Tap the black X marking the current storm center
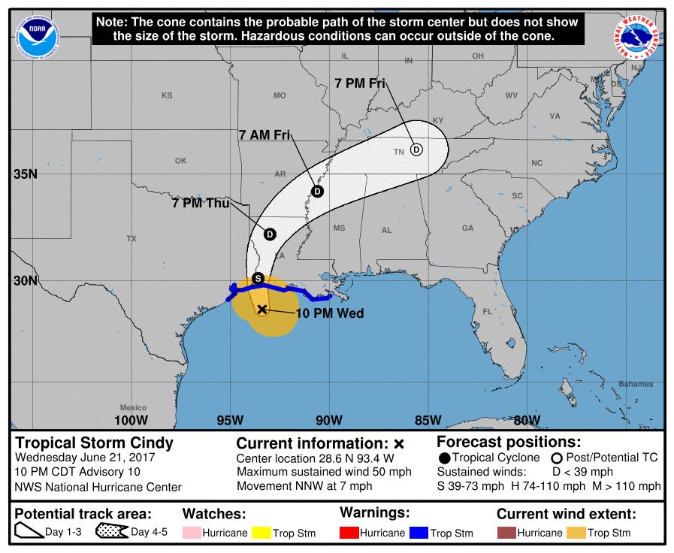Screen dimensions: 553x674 262,309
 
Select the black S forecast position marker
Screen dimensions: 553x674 258,278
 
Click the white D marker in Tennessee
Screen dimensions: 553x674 416,150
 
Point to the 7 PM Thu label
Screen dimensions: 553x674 201,203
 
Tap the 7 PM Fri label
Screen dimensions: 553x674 360,83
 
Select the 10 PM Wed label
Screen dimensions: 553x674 329,313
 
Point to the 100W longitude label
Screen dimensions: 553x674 129,419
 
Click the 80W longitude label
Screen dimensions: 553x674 527,419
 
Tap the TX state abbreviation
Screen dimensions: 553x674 131,238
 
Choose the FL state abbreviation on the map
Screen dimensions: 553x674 487,311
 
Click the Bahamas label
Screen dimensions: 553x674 636,384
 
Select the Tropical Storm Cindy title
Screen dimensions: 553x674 95,443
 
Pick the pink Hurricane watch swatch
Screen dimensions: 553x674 193,533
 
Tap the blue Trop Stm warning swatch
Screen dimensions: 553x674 419,533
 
